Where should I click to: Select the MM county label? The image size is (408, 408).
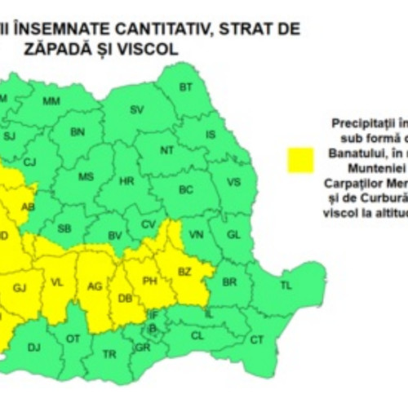coord(51,101)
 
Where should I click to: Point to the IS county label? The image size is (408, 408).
coord(211,135)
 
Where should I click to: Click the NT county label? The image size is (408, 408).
coord(166,150)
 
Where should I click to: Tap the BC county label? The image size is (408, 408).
coord(186,190)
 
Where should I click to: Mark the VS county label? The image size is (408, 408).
coord(233,182)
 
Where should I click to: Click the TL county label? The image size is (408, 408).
coord(286,285)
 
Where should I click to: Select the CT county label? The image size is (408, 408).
coord(257,339)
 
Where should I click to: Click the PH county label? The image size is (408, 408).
coord(149,282)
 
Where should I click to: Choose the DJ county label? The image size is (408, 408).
coord(33,348)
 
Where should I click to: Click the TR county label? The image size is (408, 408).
coord(110,353)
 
